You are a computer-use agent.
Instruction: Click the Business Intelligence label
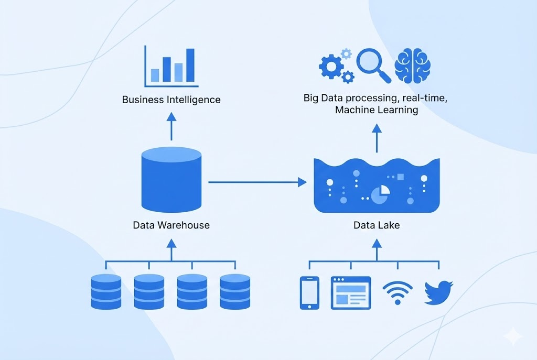[x=171, y=100]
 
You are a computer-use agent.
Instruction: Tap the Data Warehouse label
[x=171, y=225]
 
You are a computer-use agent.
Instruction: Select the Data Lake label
[x=377, y=225]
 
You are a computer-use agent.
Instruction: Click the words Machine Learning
[x=377, y=110]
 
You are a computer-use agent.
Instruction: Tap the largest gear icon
[x=331, y=66]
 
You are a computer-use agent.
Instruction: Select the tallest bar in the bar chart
[x=190, y=66]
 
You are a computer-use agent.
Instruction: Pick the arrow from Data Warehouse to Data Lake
[x=257, y=182]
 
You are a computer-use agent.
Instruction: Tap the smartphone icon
[x=309, y=293]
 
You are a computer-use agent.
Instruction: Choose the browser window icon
[x=350, y=293]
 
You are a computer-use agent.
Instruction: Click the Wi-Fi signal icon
[x=397, y=292]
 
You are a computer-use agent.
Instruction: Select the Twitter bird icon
[x=438, y=292]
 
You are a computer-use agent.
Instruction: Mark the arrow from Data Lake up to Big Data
[x=377, y=137]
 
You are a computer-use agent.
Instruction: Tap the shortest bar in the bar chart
[x=155, y=75]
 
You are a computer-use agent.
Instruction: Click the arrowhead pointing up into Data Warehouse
[x=171, y=243]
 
